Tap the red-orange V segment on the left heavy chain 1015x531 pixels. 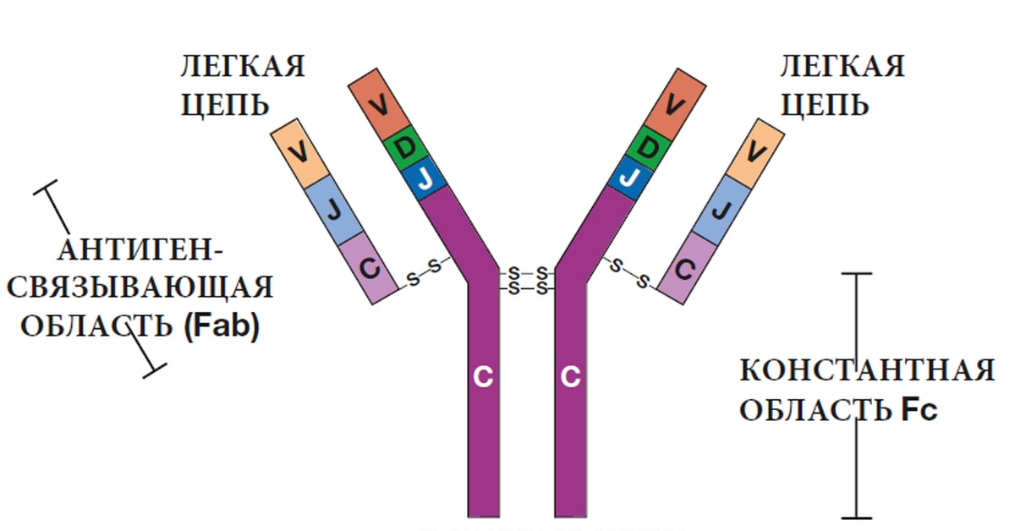380,105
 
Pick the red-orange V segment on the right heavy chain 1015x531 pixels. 674,105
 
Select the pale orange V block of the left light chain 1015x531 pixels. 298,153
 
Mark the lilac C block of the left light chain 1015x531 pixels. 369,269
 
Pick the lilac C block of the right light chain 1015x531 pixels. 686,269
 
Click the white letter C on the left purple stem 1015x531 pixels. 483,378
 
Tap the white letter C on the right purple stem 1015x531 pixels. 571,378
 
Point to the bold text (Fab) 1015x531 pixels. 220,326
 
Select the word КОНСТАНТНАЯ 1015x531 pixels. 867,371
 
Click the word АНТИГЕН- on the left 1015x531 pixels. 141,250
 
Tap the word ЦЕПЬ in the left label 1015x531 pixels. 224,105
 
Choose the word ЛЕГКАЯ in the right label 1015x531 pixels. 842,66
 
